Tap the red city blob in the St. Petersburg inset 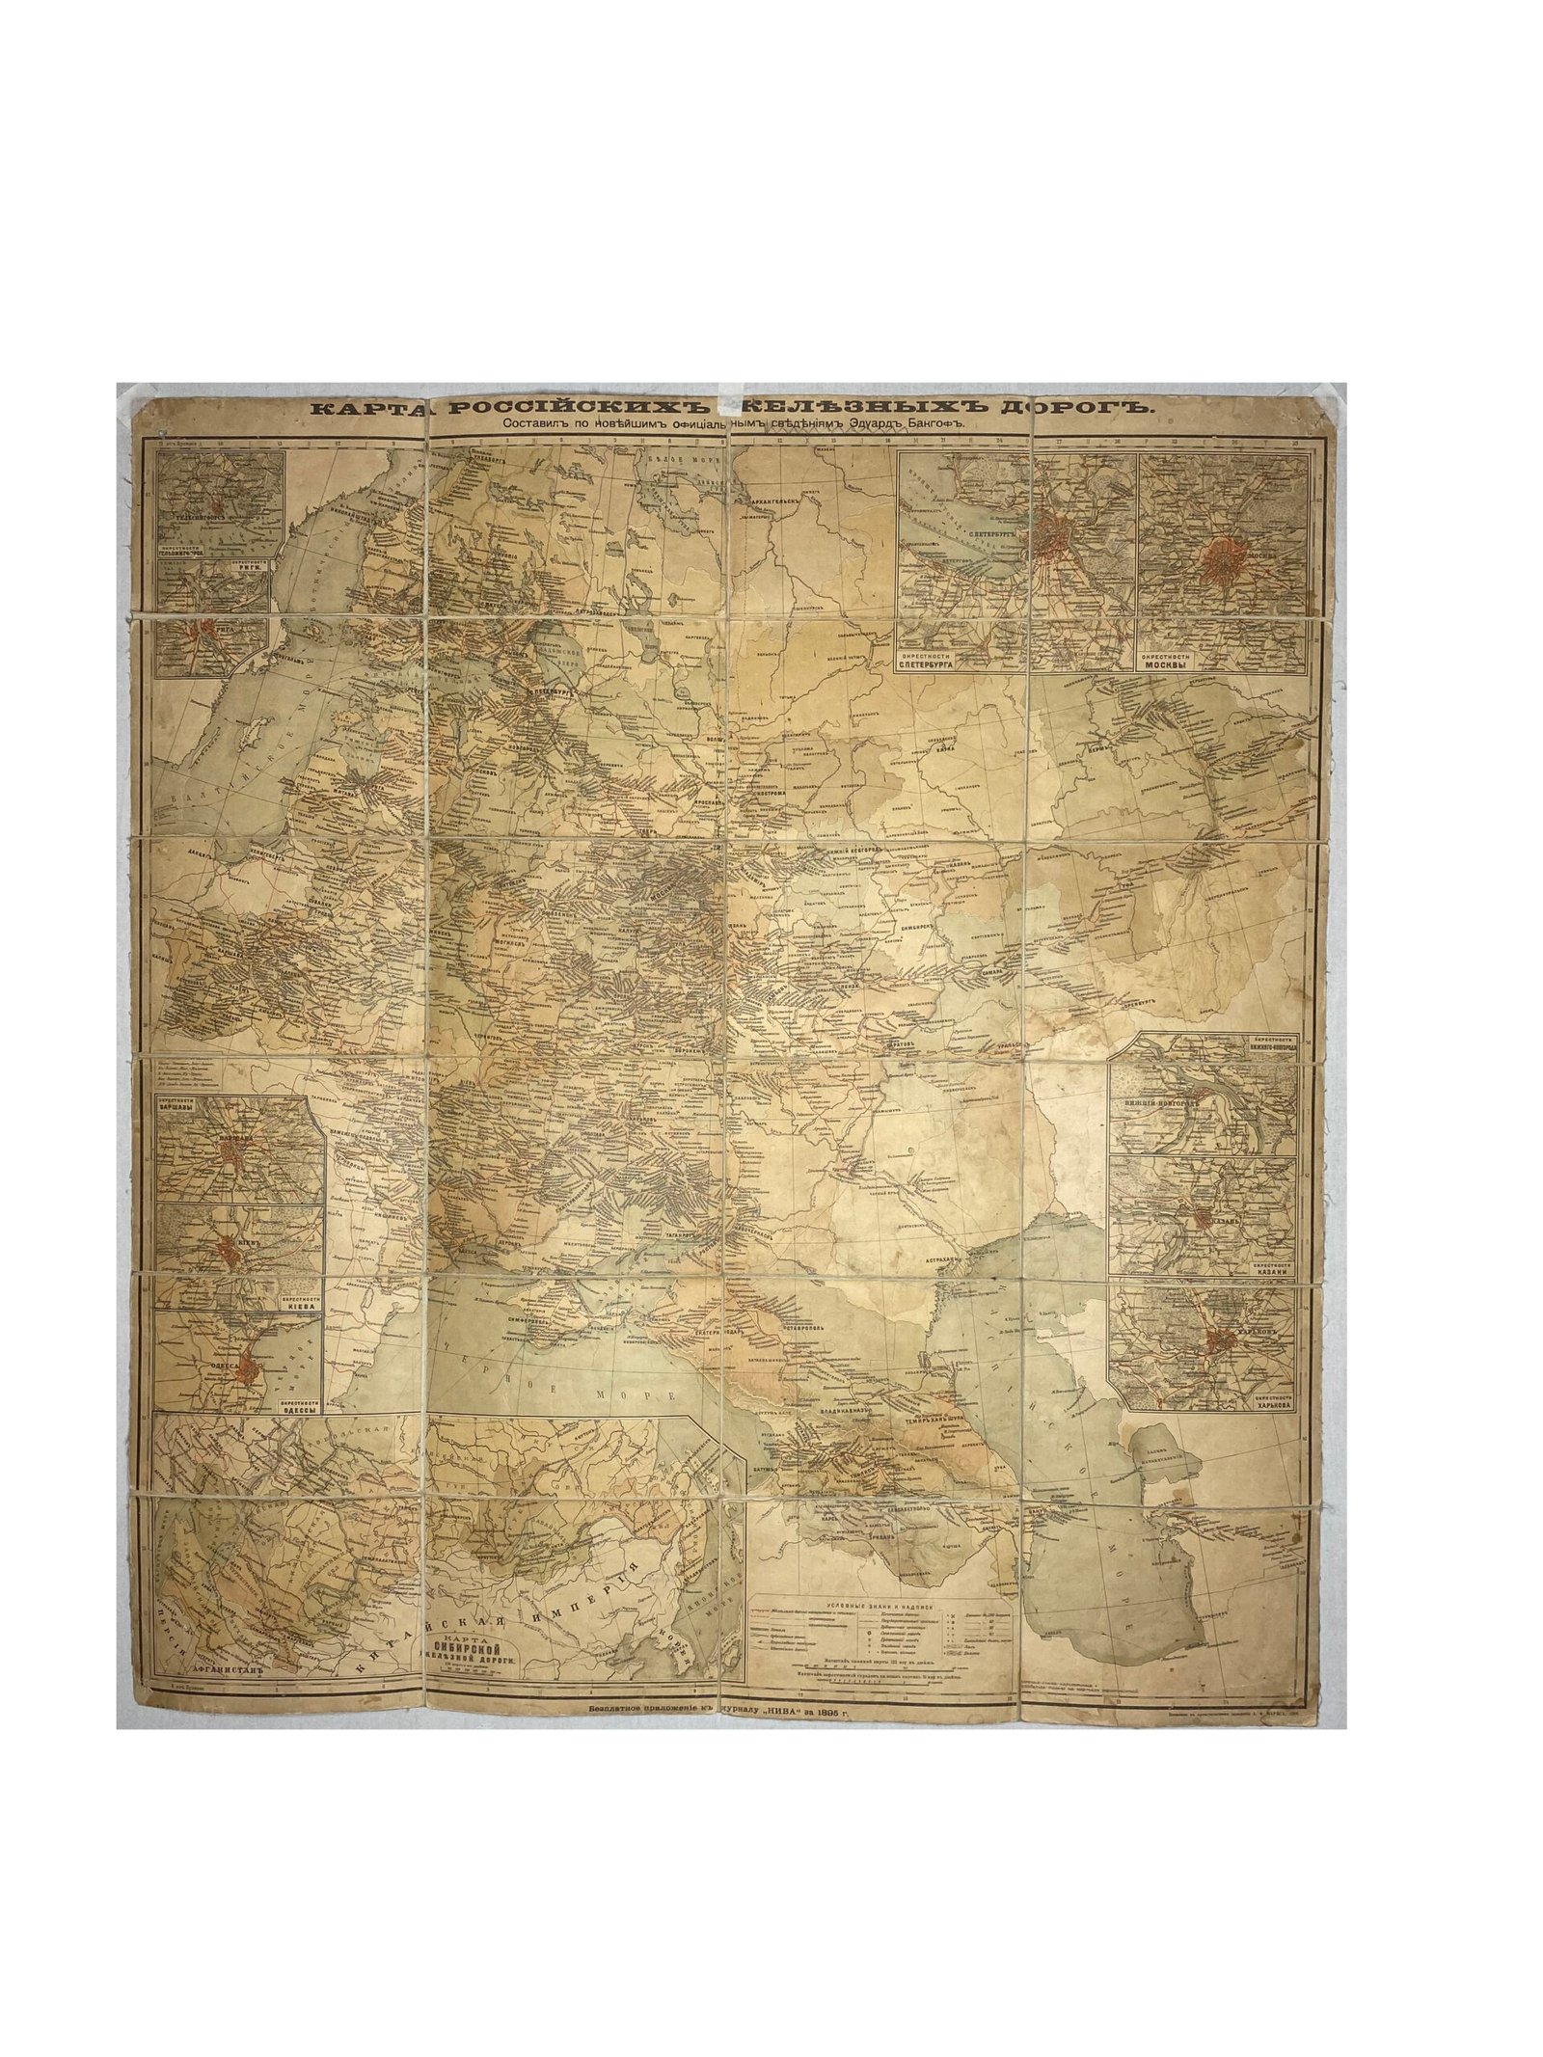[1053, 534]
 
